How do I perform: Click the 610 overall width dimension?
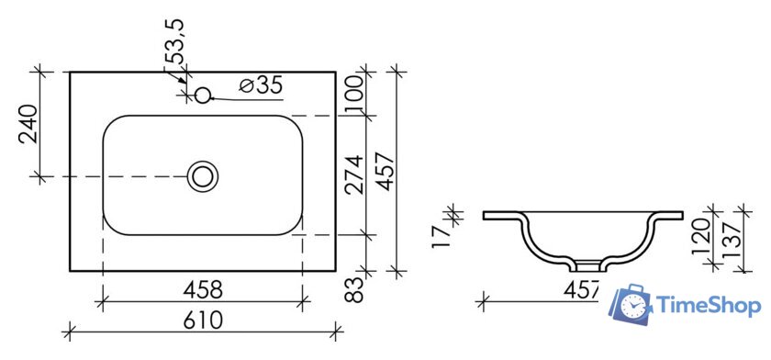click(203, 321)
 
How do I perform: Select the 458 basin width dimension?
click(203, 290)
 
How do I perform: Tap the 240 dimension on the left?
click(28, 123)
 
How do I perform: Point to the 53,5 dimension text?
click(174, 41)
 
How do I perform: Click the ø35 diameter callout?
click(261, 85)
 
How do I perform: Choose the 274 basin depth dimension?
click(354, 174)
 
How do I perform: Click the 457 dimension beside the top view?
click(385, 172)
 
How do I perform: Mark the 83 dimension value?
click(355, 290)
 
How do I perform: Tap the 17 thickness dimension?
click(441, 236)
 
